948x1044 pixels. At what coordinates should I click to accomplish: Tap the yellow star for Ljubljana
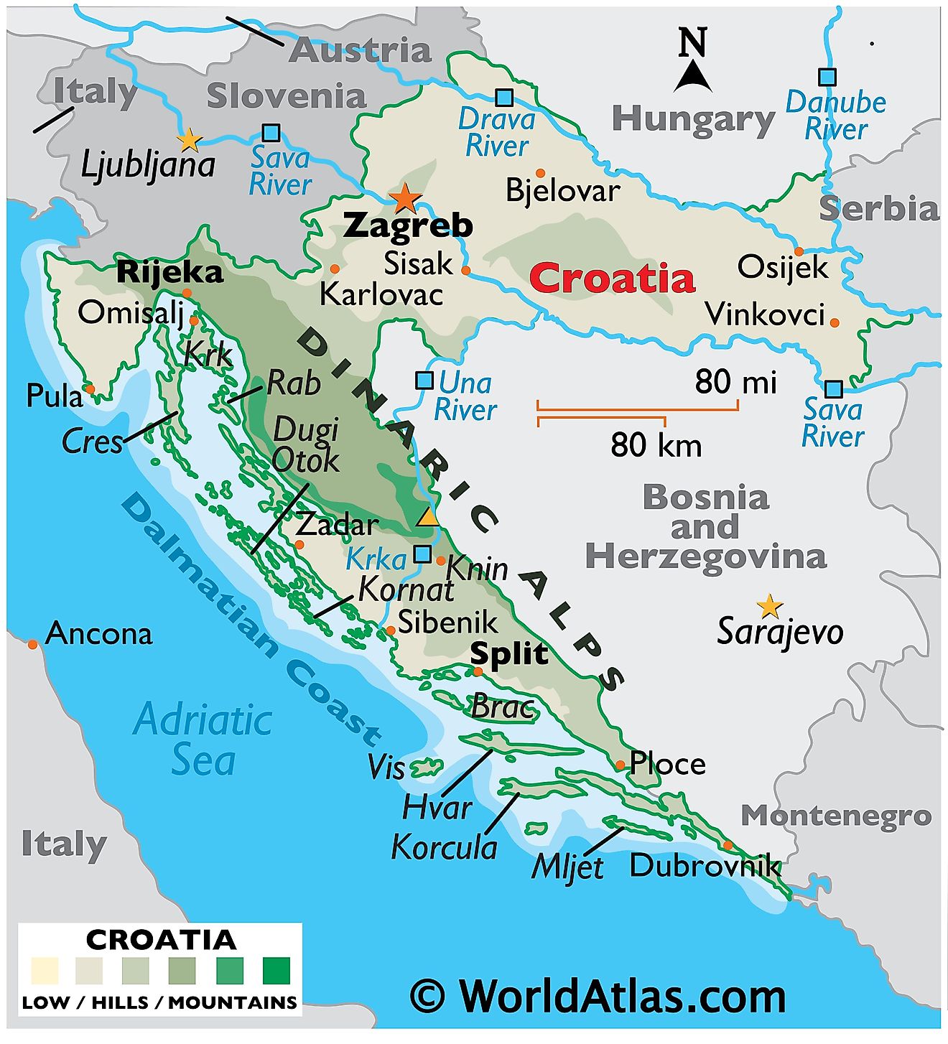[x=189, y=139]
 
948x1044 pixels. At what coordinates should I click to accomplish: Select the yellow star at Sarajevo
[x=770, y=606]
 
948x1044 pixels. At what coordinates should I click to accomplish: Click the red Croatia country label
[x=613, y=279]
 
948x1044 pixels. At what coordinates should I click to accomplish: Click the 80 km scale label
[x=656, y=445]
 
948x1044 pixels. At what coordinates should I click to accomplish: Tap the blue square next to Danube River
[x=827, y=77]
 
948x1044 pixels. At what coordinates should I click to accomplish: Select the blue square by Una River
[x=424, y=380]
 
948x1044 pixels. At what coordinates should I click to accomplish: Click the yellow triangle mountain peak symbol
[x=428, y=517]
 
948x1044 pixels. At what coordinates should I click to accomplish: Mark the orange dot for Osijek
[x=799, y=251]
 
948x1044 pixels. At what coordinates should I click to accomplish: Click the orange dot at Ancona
[x=32, y=645]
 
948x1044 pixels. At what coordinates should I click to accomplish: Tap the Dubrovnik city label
[x=704, y=865]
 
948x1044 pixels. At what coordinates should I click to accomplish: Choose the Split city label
[x=509, y=653]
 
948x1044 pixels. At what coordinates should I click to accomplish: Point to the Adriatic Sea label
[x=203, y=740]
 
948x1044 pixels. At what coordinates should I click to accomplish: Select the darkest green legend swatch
[x=276, y=970]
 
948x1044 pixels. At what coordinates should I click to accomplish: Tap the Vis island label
[x=386, y=768]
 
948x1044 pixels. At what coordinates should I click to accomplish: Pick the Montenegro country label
[x=836, y=816]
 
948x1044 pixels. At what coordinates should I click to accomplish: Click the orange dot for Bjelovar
[x=540, y=173]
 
